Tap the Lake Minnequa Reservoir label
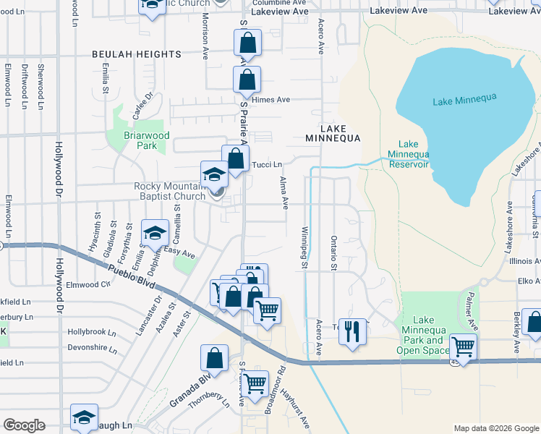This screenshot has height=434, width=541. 408,155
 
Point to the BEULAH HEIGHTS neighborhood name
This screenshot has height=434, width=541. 136,54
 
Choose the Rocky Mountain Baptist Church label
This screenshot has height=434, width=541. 170,191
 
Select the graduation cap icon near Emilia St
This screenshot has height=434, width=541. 155,232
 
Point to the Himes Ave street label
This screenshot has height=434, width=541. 271,100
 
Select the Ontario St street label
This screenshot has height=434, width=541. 333,253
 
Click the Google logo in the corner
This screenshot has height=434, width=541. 24,425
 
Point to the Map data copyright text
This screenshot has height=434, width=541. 496,428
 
